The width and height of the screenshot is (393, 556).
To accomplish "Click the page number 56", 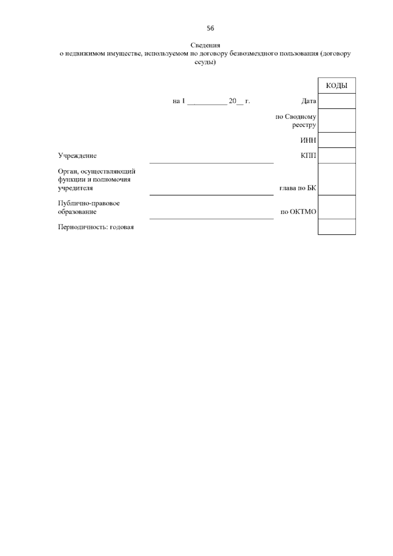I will point(210,29).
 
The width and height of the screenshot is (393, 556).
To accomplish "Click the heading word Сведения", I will point(205,45).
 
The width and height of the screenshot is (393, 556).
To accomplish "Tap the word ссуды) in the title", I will point(205,62).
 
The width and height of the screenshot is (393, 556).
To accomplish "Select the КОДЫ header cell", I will point(337,86).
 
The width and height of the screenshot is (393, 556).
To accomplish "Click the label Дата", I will point(309,101).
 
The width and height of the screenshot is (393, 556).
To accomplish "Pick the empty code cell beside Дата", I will point(337,101).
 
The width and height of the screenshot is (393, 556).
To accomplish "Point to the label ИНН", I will point(308,140).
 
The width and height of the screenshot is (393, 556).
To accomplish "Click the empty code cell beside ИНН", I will point(337,140).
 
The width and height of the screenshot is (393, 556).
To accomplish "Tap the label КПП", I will point(308,155).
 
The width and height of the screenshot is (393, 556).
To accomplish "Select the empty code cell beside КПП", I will point(337,155).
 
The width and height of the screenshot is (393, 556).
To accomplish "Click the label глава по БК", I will point(297,188).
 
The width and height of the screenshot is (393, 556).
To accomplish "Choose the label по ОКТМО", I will point(298,212).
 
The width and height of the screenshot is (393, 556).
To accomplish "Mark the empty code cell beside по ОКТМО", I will point(337,207).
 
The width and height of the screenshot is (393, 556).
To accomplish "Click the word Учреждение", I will point(77,156).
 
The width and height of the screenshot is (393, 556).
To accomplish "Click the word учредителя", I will point(75,188).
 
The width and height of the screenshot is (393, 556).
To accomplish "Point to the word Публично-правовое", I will point(89,203).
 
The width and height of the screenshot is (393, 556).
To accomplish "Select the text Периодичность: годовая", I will point(96,227).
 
